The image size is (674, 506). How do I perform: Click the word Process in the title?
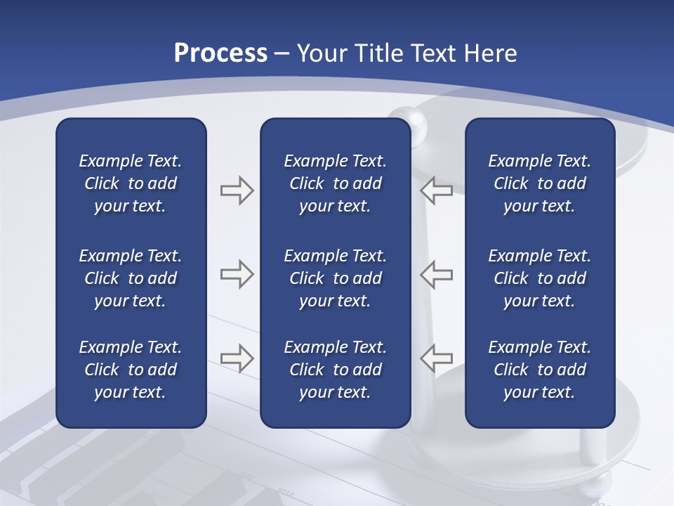coord(220,53)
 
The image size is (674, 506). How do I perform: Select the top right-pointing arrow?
coord(237,190)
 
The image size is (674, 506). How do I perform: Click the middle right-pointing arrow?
coord(237,274)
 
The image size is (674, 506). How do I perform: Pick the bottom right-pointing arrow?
coord(237,358)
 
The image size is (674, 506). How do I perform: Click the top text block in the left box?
coord(131,183)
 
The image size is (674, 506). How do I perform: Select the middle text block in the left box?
coord(131,278)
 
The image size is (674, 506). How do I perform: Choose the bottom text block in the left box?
coord(131,370)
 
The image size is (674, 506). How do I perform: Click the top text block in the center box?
coord(335,183)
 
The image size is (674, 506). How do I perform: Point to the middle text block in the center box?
coord(335,278)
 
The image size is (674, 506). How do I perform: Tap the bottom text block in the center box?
coord(335,370)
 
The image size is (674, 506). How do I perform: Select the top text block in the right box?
coord(539,183)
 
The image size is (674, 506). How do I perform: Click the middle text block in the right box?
coord(539,278)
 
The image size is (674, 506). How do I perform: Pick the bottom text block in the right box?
coord(539,370)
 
